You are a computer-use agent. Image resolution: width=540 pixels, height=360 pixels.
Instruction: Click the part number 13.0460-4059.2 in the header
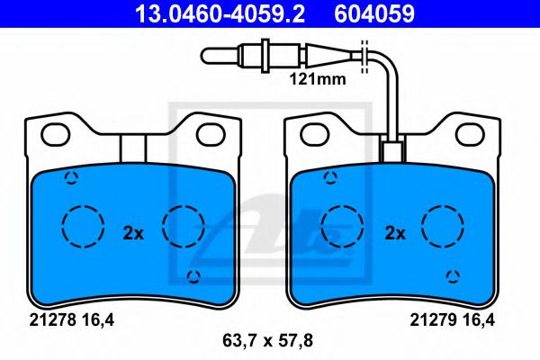(x=220, y=13)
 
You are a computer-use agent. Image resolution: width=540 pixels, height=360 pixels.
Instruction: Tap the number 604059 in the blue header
(x=374, y=13)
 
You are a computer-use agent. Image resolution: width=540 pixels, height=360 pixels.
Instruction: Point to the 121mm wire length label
(x=318, y=79)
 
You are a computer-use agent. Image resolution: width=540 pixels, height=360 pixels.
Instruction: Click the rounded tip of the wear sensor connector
(x=206, y=56)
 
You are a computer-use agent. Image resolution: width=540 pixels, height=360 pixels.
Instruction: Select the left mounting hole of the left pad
(x=56, y=135)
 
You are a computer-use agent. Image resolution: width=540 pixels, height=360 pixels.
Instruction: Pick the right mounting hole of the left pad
(x=211, y=135)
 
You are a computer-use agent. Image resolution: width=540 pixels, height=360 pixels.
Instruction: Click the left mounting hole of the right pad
(x=315, y=135)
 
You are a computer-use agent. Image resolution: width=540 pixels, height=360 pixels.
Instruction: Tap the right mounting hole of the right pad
(x=470, y=135)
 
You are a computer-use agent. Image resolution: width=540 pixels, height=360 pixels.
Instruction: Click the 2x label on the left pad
(x=133, y=234)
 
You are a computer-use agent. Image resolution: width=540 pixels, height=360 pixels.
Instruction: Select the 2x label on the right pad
(x=395, y=234)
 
